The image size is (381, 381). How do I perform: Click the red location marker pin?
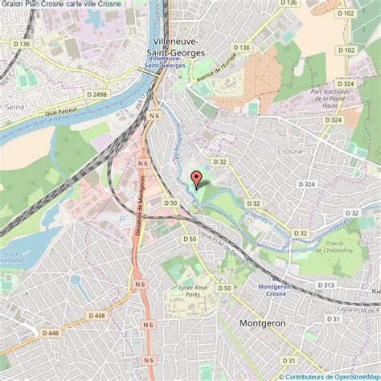(194, 179)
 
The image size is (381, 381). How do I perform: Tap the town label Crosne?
(289, 150)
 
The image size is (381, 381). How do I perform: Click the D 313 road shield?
(326, 285)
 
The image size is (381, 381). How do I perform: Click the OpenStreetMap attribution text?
(329, 375)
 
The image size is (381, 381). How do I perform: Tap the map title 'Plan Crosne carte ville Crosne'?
(64, 5)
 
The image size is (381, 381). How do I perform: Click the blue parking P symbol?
(121, 217)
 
